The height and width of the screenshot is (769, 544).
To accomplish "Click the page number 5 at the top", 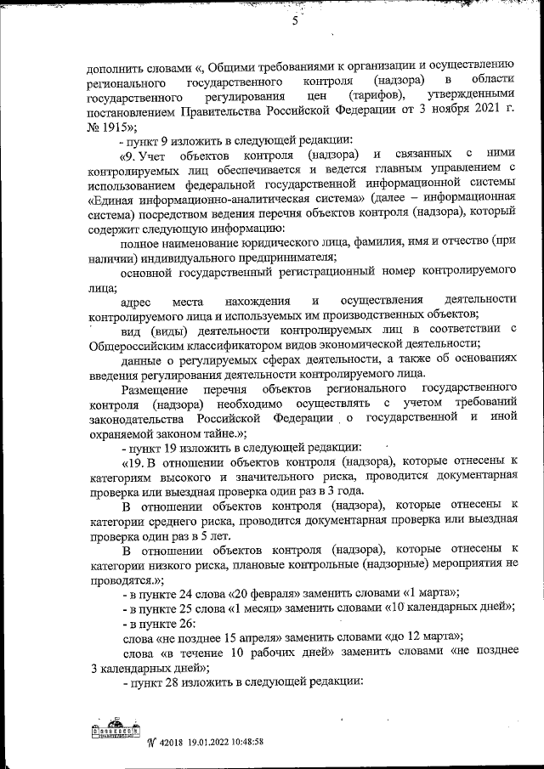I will [x=296, y=24].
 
